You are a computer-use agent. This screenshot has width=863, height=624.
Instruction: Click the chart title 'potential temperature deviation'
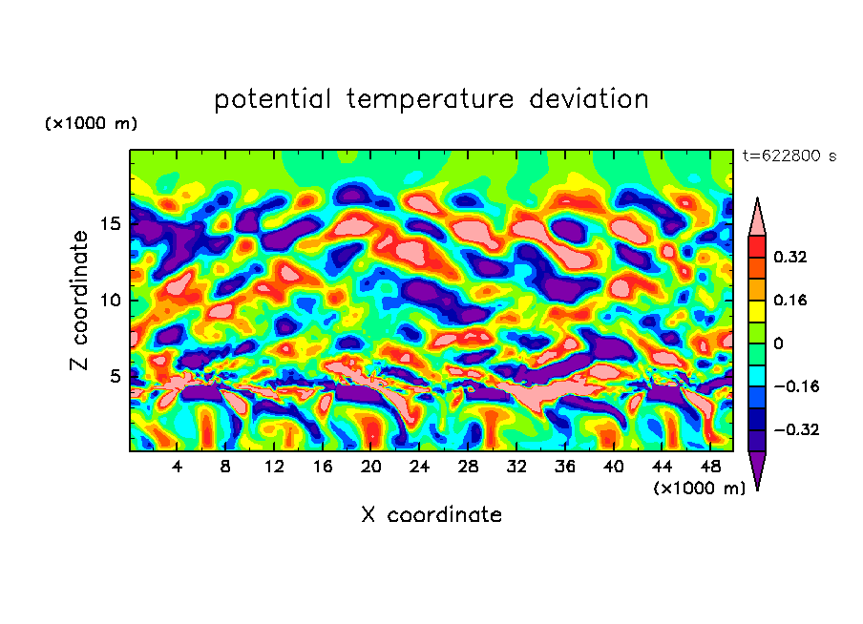click(x=431, y=99)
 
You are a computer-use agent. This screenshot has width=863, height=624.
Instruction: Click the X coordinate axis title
click(x=431, y=515)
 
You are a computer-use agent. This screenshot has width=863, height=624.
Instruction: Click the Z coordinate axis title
click(x=80, y=301)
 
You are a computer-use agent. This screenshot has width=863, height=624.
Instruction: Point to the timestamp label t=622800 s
click(x=789, y=156)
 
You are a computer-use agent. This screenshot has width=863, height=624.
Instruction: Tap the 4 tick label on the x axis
click(x=178, y=467)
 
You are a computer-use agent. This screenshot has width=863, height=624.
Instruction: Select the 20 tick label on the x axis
click(x=370, y=467)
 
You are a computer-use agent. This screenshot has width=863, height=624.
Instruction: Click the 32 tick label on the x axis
click(x=516, y=467)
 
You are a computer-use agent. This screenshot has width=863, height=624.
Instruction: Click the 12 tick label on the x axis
click(x=274, y=467)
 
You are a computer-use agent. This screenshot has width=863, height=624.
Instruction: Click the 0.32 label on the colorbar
click(x=791, y=257)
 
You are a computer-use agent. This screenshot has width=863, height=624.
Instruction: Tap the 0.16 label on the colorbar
click(x=791, y=300)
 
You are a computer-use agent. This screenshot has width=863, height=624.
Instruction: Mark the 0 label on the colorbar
click(x=777, y=343)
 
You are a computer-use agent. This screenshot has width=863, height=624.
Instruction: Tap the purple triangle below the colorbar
click(x=757, y=469)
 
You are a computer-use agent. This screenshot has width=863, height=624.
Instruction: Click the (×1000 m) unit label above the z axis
click(x=91, y=124)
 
